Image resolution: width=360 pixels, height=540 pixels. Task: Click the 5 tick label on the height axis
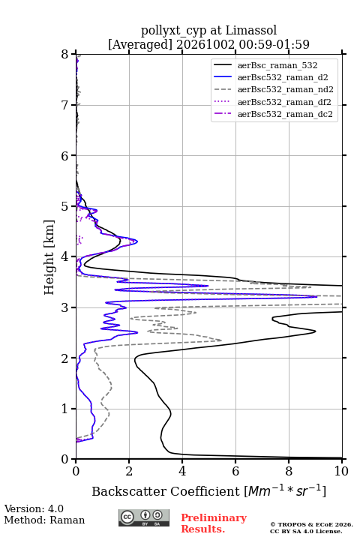(x=65, y=206)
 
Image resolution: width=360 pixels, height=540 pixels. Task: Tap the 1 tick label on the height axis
(x=65, y=409)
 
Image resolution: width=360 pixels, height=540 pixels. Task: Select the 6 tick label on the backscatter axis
(x=235, y=471)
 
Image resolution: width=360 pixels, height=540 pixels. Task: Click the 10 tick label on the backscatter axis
(x=342, y=471)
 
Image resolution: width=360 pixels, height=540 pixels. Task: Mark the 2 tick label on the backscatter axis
(x=129, y=471)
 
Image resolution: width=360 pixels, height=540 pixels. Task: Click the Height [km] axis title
(x=49, y=257)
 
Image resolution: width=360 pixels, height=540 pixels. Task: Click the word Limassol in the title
(x=251, y=30)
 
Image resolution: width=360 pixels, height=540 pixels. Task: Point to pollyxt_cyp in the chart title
(x=174, y=31)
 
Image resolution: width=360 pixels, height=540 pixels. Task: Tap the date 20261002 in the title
(x=205, y=44)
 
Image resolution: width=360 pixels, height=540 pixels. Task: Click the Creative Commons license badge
(x=144, y=518)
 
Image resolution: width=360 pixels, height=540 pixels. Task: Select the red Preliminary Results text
(x=214, y=523)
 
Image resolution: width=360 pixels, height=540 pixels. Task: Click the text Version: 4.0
(x=34, y=508)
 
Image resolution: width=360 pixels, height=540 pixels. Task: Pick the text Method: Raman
(x=44, y=520)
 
